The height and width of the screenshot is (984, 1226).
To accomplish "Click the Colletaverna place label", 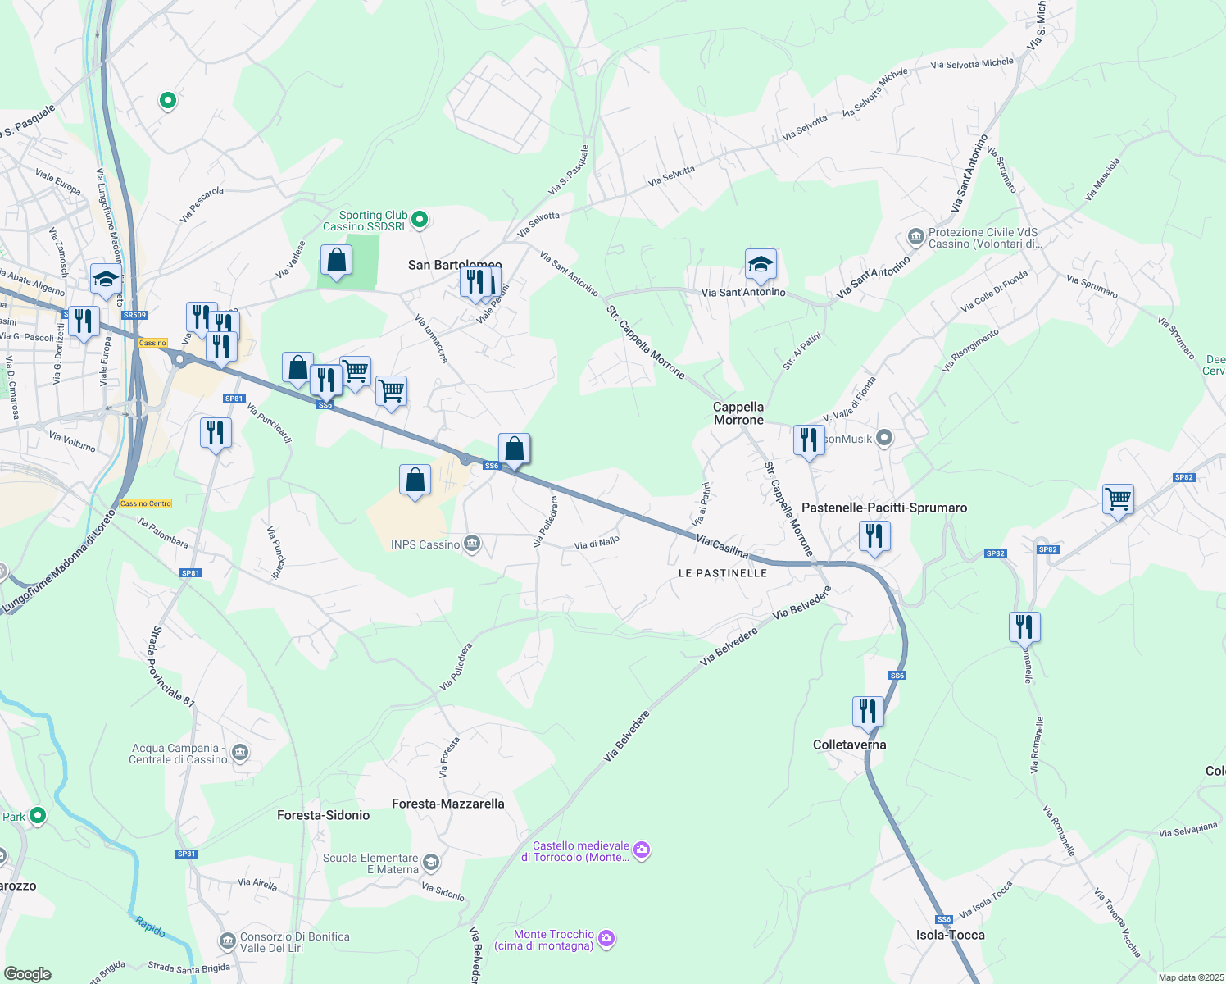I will click(849, 745).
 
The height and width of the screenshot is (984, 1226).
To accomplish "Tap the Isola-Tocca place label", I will click(950, 935).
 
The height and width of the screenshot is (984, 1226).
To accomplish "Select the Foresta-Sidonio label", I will click(323, 815).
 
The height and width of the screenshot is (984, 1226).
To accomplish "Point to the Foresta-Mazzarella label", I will click(447, 804).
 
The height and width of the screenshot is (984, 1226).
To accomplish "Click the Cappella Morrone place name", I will click(738, 413).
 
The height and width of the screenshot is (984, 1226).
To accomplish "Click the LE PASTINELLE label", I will click(723, 573).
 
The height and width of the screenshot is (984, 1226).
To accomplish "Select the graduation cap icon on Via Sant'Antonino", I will click(761, 265).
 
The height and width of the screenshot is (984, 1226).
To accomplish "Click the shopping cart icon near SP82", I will click(1118, 499).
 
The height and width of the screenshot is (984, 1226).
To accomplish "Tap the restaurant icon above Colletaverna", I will click(868, 711).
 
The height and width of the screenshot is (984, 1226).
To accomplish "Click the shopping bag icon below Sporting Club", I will click(336, 260).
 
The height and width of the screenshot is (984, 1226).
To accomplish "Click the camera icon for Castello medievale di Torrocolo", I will click(643, 850).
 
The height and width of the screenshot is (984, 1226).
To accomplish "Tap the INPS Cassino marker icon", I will click(472, 544).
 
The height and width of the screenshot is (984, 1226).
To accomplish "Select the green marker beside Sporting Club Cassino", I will click(420, 219).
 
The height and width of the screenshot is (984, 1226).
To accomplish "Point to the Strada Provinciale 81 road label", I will click(170, 666).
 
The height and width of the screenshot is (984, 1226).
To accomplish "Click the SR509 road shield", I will click(134, 315).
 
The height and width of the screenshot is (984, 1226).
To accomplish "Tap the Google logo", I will click(28, 973).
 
